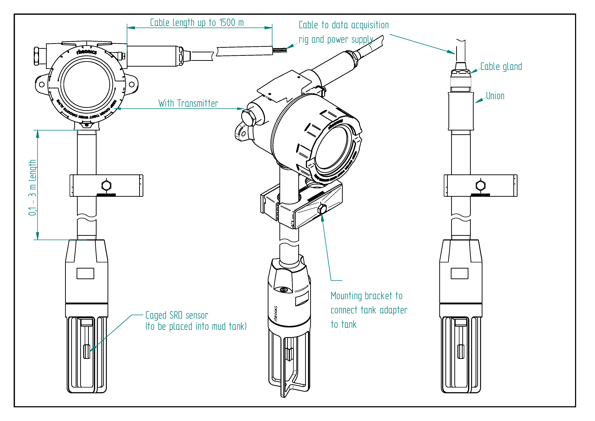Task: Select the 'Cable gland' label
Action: [x=501, y=67]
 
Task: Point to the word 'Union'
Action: [x=495, y=96]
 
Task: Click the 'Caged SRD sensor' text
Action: [x=177, y=315]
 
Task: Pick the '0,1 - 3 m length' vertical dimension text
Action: [x=32, y=187]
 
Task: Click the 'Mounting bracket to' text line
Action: [x=366, y=296]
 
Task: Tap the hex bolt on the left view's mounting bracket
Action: [x=106, y=185]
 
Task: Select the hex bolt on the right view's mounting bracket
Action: [x=480, y=185]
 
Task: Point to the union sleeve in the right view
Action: [x=461, y=111]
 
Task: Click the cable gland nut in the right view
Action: [x=461, y=73]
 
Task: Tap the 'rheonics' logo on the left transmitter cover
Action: [x=86, y=52]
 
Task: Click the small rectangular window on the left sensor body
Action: [x=85, y=273]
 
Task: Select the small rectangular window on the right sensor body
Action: [x=459, y=273]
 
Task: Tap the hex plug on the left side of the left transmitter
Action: [x=36, y=56]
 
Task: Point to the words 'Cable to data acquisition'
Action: [x=343, y=25]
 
